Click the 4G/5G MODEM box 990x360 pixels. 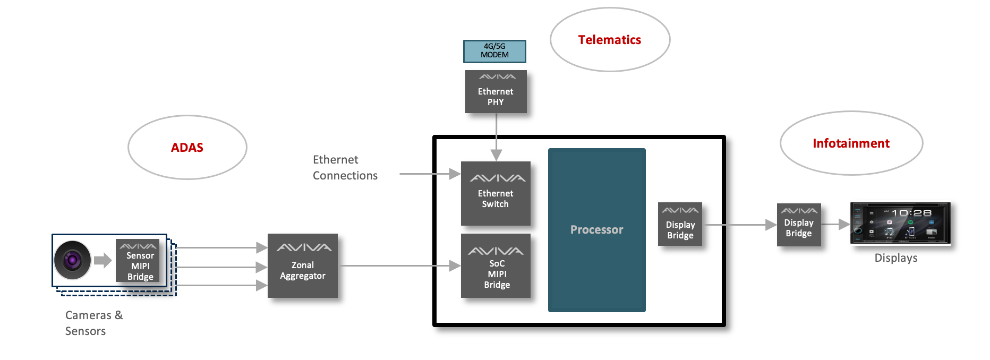pos(494,51)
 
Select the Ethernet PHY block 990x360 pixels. pos(496,92)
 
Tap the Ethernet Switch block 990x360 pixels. pos(496,194)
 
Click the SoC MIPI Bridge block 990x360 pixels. pos(496,266)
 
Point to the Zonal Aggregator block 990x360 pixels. pos(303,265)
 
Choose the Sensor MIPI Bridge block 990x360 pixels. pos(138,260)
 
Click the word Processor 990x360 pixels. pos(596,230)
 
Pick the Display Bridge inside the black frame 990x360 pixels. pos(680,224)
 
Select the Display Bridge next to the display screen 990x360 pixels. pos(799,225)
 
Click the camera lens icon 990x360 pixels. pos(72,260)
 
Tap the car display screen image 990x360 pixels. pos(900,223)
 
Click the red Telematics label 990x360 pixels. pos(610,40)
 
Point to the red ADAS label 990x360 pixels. pos(187,148)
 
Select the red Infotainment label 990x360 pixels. pos(851,143)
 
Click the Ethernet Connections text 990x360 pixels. pos(345,168)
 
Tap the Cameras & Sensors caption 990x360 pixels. pos(93,323)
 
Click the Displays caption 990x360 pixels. pos(896,258)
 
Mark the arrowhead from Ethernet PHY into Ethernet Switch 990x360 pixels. pos(496,155)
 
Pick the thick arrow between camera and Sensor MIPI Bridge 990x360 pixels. pos(103,260)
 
